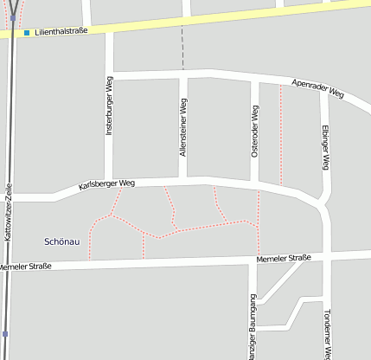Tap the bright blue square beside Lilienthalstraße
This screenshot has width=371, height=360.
point(27,33)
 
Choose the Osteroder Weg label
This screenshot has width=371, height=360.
point(255,132)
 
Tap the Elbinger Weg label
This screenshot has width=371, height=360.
point(325,145)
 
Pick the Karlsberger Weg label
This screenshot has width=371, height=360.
point(106,184)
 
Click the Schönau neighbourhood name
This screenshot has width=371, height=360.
point(61,241)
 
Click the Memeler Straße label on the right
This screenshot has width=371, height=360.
point(284,259)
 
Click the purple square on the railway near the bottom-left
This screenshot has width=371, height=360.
point(5,333)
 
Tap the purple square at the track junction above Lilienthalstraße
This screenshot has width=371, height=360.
point(12,16)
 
